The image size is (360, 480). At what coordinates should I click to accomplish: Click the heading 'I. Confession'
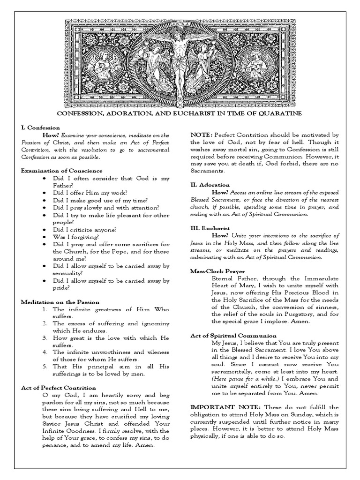40,127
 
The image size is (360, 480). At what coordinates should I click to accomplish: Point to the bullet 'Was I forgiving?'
76,237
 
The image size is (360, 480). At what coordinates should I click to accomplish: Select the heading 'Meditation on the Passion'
59,302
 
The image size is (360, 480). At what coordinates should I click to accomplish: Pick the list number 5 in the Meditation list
43,367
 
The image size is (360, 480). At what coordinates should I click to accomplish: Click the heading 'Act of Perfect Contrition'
59,388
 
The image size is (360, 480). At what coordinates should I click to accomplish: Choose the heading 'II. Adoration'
210,185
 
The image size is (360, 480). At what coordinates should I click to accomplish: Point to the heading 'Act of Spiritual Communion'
233,336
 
